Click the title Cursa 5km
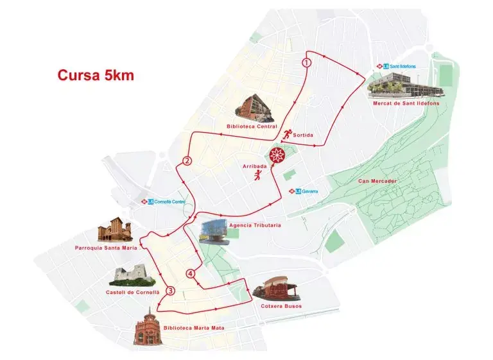(96, 75)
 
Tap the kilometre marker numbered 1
(307, 62)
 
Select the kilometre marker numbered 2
(187, 160)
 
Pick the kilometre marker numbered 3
(170, 291)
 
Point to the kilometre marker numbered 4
(190, 274)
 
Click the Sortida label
(303, 135)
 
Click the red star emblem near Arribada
(277, 155)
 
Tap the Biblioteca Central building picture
(256, 108)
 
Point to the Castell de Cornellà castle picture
(132, 275)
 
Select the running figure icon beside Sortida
(286, 134)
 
